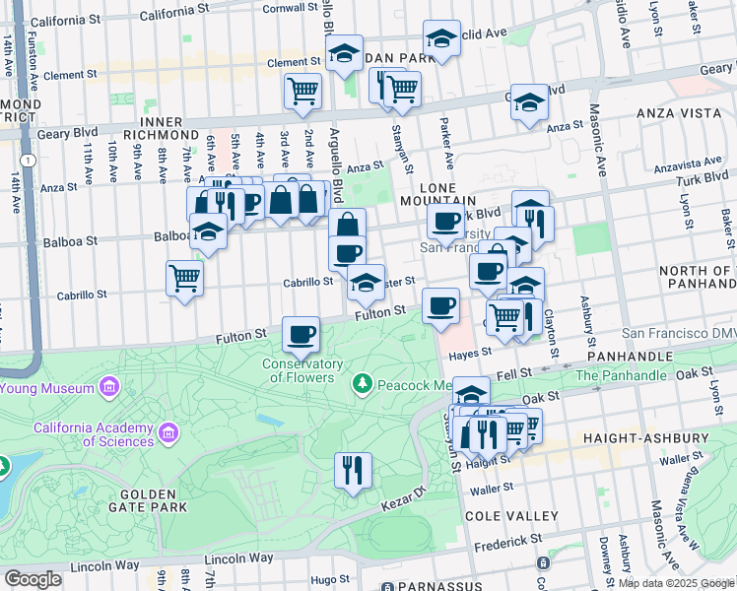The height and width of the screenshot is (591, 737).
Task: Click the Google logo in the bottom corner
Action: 33,579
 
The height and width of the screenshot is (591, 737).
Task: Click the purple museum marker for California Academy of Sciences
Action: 169,431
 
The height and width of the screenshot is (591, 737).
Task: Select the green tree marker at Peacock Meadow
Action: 363,381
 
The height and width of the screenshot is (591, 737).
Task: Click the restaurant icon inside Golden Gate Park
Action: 353,470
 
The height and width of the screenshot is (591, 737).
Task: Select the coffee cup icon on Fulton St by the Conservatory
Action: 301,334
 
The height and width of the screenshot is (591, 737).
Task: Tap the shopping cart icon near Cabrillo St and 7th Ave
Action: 184,279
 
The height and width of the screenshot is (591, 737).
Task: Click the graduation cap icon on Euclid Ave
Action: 442,40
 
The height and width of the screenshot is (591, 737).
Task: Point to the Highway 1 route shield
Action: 32,160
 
